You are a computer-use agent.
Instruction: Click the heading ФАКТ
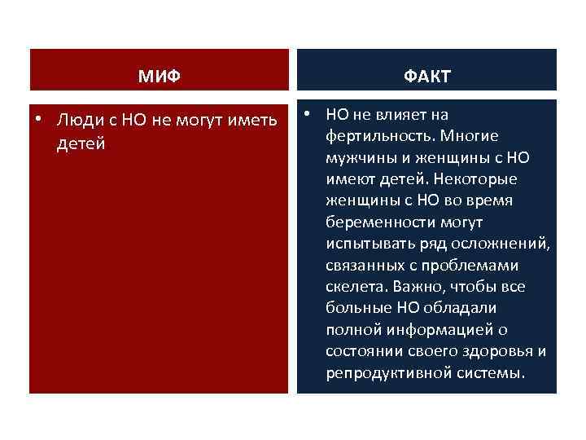[x=426, y=77]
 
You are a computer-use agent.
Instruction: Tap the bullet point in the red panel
[x=39, y=119]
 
